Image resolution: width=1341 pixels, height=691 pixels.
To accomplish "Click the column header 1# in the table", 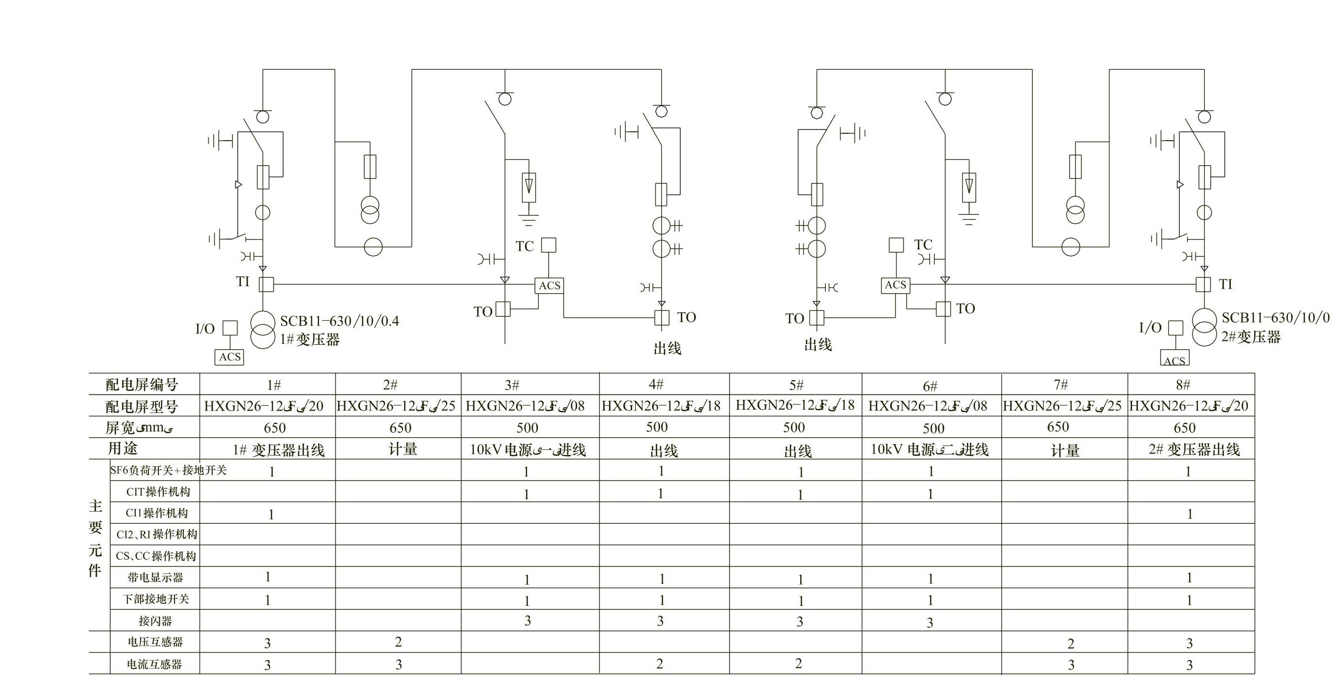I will [x=274, y=385].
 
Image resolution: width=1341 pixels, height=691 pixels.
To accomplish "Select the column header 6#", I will [x=930, y=387].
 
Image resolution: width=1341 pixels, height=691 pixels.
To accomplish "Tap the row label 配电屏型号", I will [x=142, y=407].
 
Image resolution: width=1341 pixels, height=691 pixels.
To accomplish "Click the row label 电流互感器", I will [x=155, y=664].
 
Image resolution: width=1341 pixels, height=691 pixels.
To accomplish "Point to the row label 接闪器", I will [x=155, y=621].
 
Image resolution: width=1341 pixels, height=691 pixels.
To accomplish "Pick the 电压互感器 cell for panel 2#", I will [x=398, y=642].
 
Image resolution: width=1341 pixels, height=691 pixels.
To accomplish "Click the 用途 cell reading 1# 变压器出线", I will [x=279, y=450].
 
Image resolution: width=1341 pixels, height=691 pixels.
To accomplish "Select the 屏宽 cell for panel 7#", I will [x=1058, y=427].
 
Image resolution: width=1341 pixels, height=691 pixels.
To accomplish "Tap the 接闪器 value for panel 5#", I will [x=800, y=621].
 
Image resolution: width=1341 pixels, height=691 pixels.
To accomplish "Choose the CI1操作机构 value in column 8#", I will [x=1190, y=514].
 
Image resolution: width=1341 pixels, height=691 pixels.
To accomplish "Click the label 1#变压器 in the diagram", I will [x=310, y=339].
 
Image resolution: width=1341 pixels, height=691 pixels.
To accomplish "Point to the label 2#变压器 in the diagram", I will [x=1251, y=337].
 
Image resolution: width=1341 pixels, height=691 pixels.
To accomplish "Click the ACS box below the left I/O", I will [x=230, y=357].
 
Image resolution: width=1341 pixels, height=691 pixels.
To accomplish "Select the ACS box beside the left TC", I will [x=549, y=285].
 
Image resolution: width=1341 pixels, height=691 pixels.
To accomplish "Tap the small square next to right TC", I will [x=896, y=245].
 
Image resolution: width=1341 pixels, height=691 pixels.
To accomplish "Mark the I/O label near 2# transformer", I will [x=1150, y=328].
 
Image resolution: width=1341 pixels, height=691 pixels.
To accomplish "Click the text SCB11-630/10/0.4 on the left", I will [x=339, y=321].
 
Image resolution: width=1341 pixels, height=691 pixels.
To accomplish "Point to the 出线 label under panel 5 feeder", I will [x=818, y=345].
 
